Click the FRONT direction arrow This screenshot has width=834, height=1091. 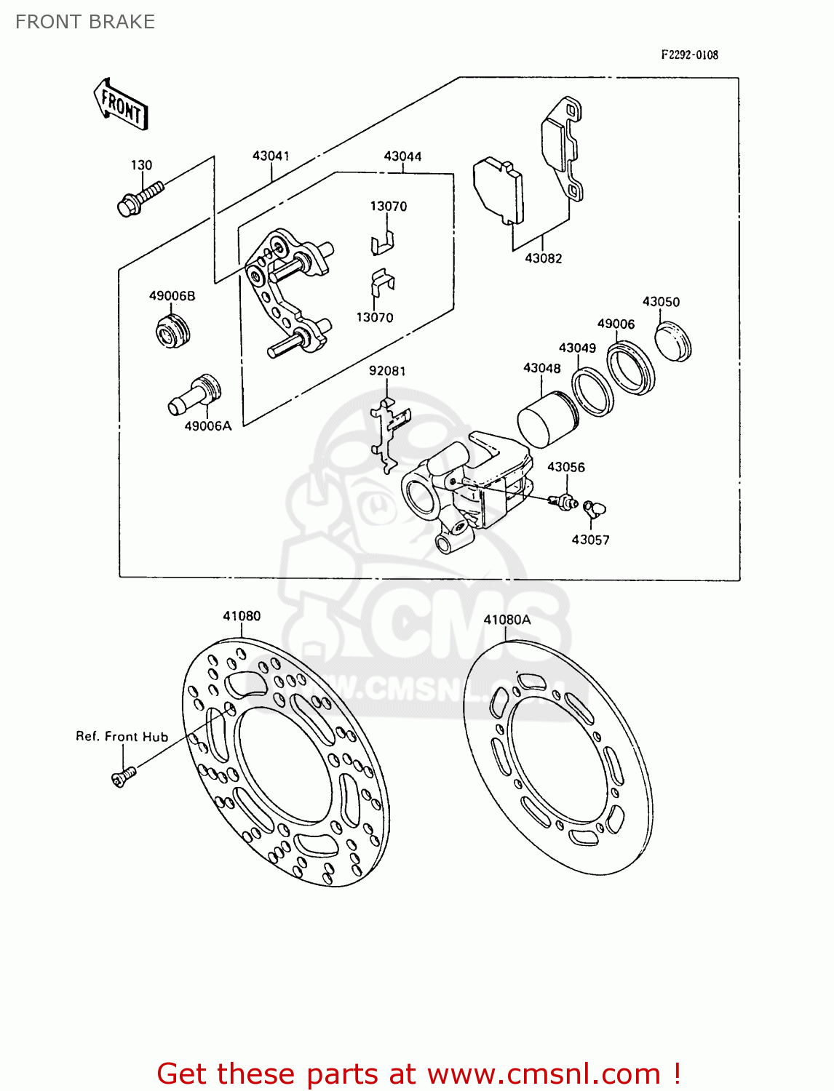(121, 105)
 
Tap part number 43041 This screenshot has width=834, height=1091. (271, 156)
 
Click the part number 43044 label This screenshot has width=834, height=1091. (402, 156)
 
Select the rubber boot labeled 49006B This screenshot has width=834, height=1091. (172, 331)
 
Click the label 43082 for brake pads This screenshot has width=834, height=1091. (543, 258)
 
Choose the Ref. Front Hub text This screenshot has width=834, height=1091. (122, 737)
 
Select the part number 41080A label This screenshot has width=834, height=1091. (507, 620)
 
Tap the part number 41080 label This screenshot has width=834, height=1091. (242, 616)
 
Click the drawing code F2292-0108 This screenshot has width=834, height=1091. (689, 55)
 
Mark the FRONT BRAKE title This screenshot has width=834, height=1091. (85, 22)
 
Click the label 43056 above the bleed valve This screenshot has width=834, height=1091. (565, 467)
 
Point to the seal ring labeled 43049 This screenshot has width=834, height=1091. (592, 392)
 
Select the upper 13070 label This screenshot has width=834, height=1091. (389, 207)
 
